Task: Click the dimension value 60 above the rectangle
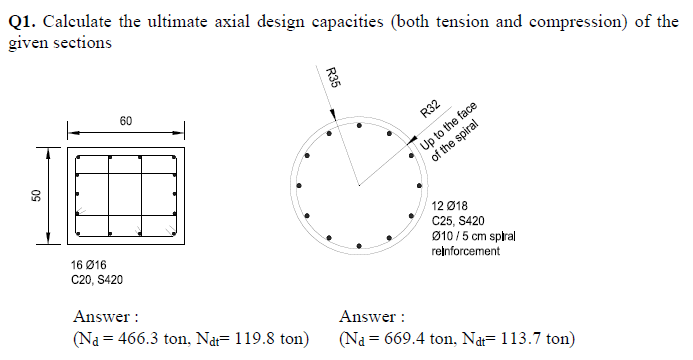(125, 121)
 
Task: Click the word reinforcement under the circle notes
(465, 251)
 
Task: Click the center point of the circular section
(357, 184)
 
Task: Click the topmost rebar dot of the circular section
(357, 125)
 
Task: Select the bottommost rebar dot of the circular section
(357, 243)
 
